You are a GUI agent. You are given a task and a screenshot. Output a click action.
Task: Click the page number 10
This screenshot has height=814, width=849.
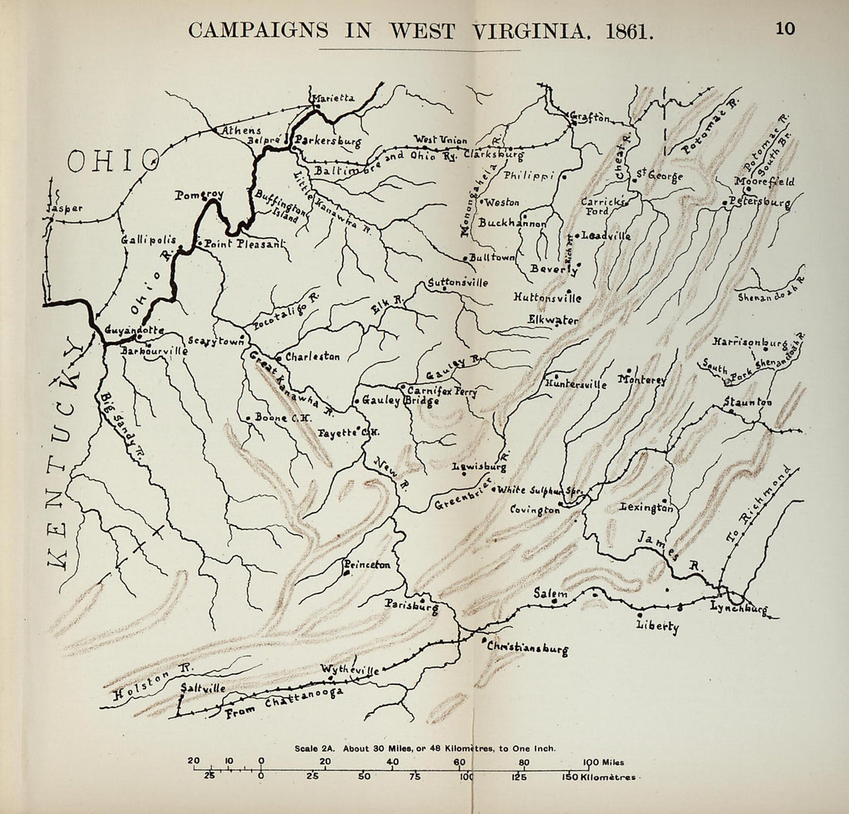click(x=786, y=29)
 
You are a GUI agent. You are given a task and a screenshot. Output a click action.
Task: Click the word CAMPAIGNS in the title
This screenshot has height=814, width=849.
click(x=258, y=31)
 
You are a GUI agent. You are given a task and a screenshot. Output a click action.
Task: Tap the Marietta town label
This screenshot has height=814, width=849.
click(x=332, y=98)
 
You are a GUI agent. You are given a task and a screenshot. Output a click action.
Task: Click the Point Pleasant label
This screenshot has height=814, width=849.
click(x=242, y=244)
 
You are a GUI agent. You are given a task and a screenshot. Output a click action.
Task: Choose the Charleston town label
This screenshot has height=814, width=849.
click(x=313, y=357)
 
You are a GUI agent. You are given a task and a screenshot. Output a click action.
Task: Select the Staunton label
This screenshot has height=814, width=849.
click(x=748, y=402)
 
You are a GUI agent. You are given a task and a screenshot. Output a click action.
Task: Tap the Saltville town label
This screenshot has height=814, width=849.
click(x=203, y=687)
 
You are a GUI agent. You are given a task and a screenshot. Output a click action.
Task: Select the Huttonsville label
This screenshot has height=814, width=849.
click(x=547, y=297)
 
